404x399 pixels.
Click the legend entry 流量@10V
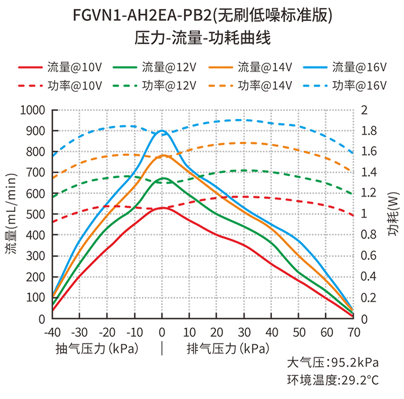[x=60, y=67]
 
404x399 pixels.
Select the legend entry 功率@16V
[x=345, y=86]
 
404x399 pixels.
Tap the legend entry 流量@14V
[x=250, y=67]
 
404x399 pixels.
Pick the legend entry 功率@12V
[x=155, y=86]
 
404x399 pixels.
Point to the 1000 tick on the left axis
[x=33, y=110]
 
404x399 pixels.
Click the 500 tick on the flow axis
[x=36, y=214]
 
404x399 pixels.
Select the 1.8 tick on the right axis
[x=369, y=131]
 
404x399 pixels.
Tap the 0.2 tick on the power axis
[x=369, y=298]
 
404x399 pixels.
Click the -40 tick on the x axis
[x=53, y=332]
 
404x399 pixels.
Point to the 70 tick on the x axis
[x=354, y=332]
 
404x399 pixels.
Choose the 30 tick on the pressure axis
[x=244, y=332]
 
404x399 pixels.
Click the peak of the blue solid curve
[x=162, y=131]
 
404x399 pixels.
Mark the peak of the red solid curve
[x=162, y=208]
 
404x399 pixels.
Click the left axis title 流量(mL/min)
[x=12, y=214]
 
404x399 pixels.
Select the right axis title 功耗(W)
[x=394, y=214]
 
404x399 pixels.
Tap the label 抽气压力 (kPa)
[x=97, y=349]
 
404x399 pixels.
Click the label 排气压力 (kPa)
[x=228, y=349]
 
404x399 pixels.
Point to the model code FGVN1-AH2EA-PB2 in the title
[x=142, y=16]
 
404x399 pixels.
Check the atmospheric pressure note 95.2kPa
[x=355, y=363]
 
